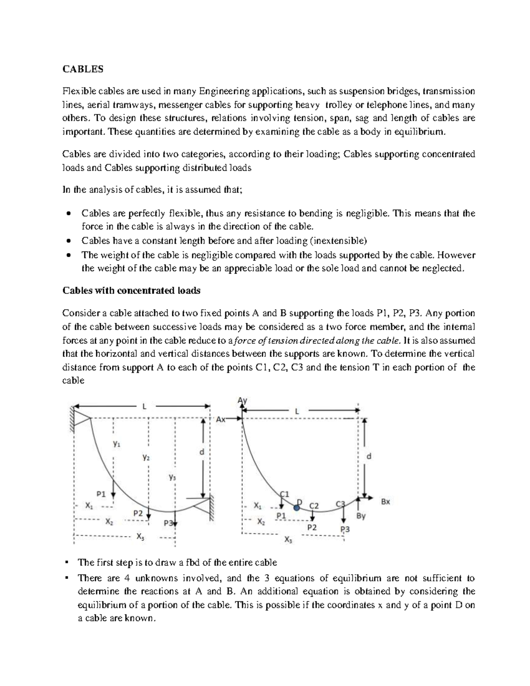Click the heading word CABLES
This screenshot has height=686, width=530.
[83, 69]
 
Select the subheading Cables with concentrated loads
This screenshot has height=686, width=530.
[132, 291]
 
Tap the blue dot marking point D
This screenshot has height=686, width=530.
[297, 508]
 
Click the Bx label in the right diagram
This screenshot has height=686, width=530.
[385, 501]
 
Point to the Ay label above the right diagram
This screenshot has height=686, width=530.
[242, 400]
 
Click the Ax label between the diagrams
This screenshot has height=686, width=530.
[220, 420]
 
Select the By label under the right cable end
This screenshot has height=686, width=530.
[361, 515]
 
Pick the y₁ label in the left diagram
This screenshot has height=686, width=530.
[116, 444]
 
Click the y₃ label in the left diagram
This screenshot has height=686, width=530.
[172, 477]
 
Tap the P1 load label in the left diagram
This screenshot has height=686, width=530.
[101, 494]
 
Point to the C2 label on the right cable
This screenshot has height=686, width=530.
[314, 505]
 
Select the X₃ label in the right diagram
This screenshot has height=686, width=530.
[288, 539]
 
